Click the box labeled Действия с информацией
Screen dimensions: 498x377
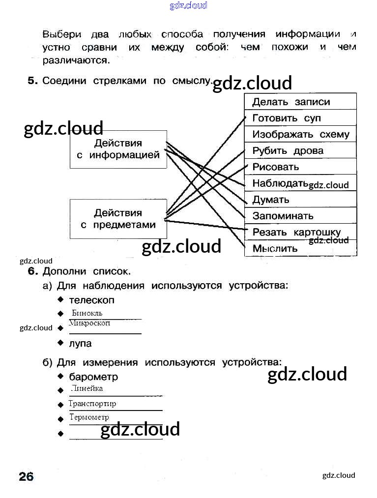[x=118, y=149]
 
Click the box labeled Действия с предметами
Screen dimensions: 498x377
[x=118, y=219]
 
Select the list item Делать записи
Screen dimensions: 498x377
[x=291, y=102]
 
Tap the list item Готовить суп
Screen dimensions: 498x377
[x=286, y=118]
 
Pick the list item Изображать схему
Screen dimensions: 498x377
[x=300, y=135]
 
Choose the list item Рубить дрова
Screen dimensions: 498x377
[x=288, y=151]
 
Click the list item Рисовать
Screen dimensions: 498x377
[x=275, y=167]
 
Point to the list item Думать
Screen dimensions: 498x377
[x=271, y=200]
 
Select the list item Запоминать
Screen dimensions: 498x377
[x=283, y=216]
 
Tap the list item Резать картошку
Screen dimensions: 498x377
[x=296, y=232]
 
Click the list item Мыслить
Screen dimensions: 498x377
[x=275, y=248]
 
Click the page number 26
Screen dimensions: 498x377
[x=26, y=476]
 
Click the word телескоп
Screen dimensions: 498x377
[x=91, y=300]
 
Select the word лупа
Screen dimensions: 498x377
[x=80, y=343]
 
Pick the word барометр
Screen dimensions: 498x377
[x=93, y=377]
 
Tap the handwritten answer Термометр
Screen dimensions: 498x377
[x=89, y=417]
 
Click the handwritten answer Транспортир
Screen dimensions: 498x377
[x=92, y=404]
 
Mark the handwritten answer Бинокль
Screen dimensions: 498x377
[x=87, y=313]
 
